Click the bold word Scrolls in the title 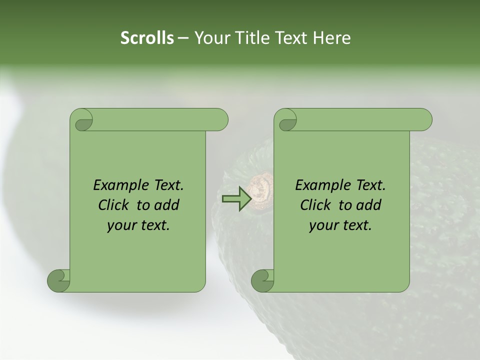point(147,38)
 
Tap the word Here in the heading point(331,38)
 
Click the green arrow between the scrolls point(236,198)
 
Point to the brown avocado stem point(260,190)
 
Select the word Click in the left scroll point(113,205)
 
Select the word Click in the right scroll point(315,205)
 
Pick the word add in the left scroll point(167,205)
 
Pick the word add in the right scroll point(369,205)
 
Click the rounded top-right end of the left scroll point(220,119)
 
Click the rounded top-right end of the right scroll point(424,119)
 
